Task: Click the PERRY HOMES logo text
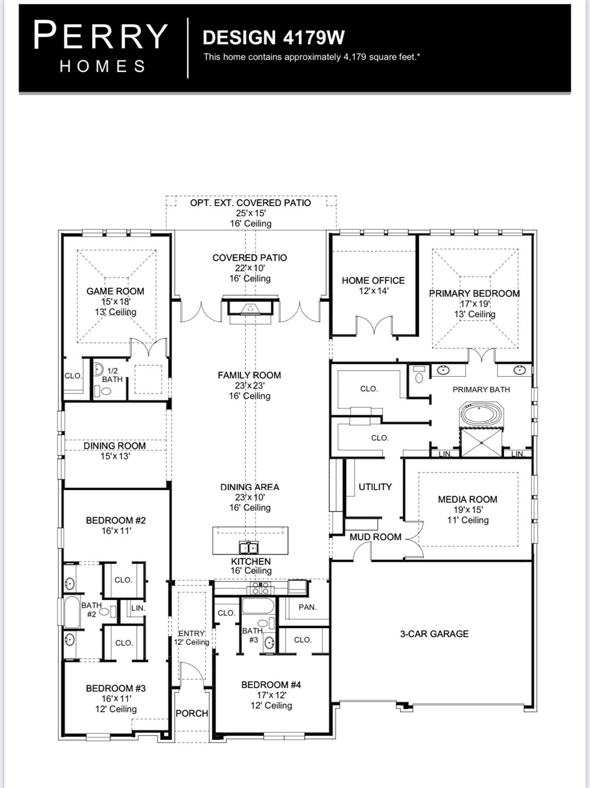[x=101, y=46]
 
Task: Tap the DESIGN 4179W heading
[x=273, y=37]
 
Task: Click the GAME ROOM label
[x=115, y=291]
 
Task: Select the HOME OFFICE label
[x=373, y=280]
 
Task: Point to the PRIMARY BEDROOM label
[x=474, y=293]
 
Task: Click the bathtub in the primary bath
[x=483, y=415]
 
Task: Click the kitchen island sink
[x=249, y=547]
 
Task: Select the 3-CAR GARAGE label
[x=434, y=634]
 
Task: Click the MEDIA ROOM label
[x=467, y=499]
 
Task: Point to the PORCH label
[x=192, y=713]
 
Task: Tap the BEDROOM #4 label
[x=271, y=684]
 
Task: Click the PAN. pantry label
[x=307, y=607]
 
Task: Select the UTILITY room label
[x=375, y=486]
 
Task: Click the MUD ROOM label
[x=375, y=537]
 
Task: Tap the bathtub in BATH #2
[x=72, y=613]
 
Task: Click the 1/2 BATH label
[x=112, y=375]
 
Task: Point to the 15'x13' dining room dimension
[x=115, y=456]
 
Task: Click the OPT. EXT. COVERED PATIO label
[x=251, y=203]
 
